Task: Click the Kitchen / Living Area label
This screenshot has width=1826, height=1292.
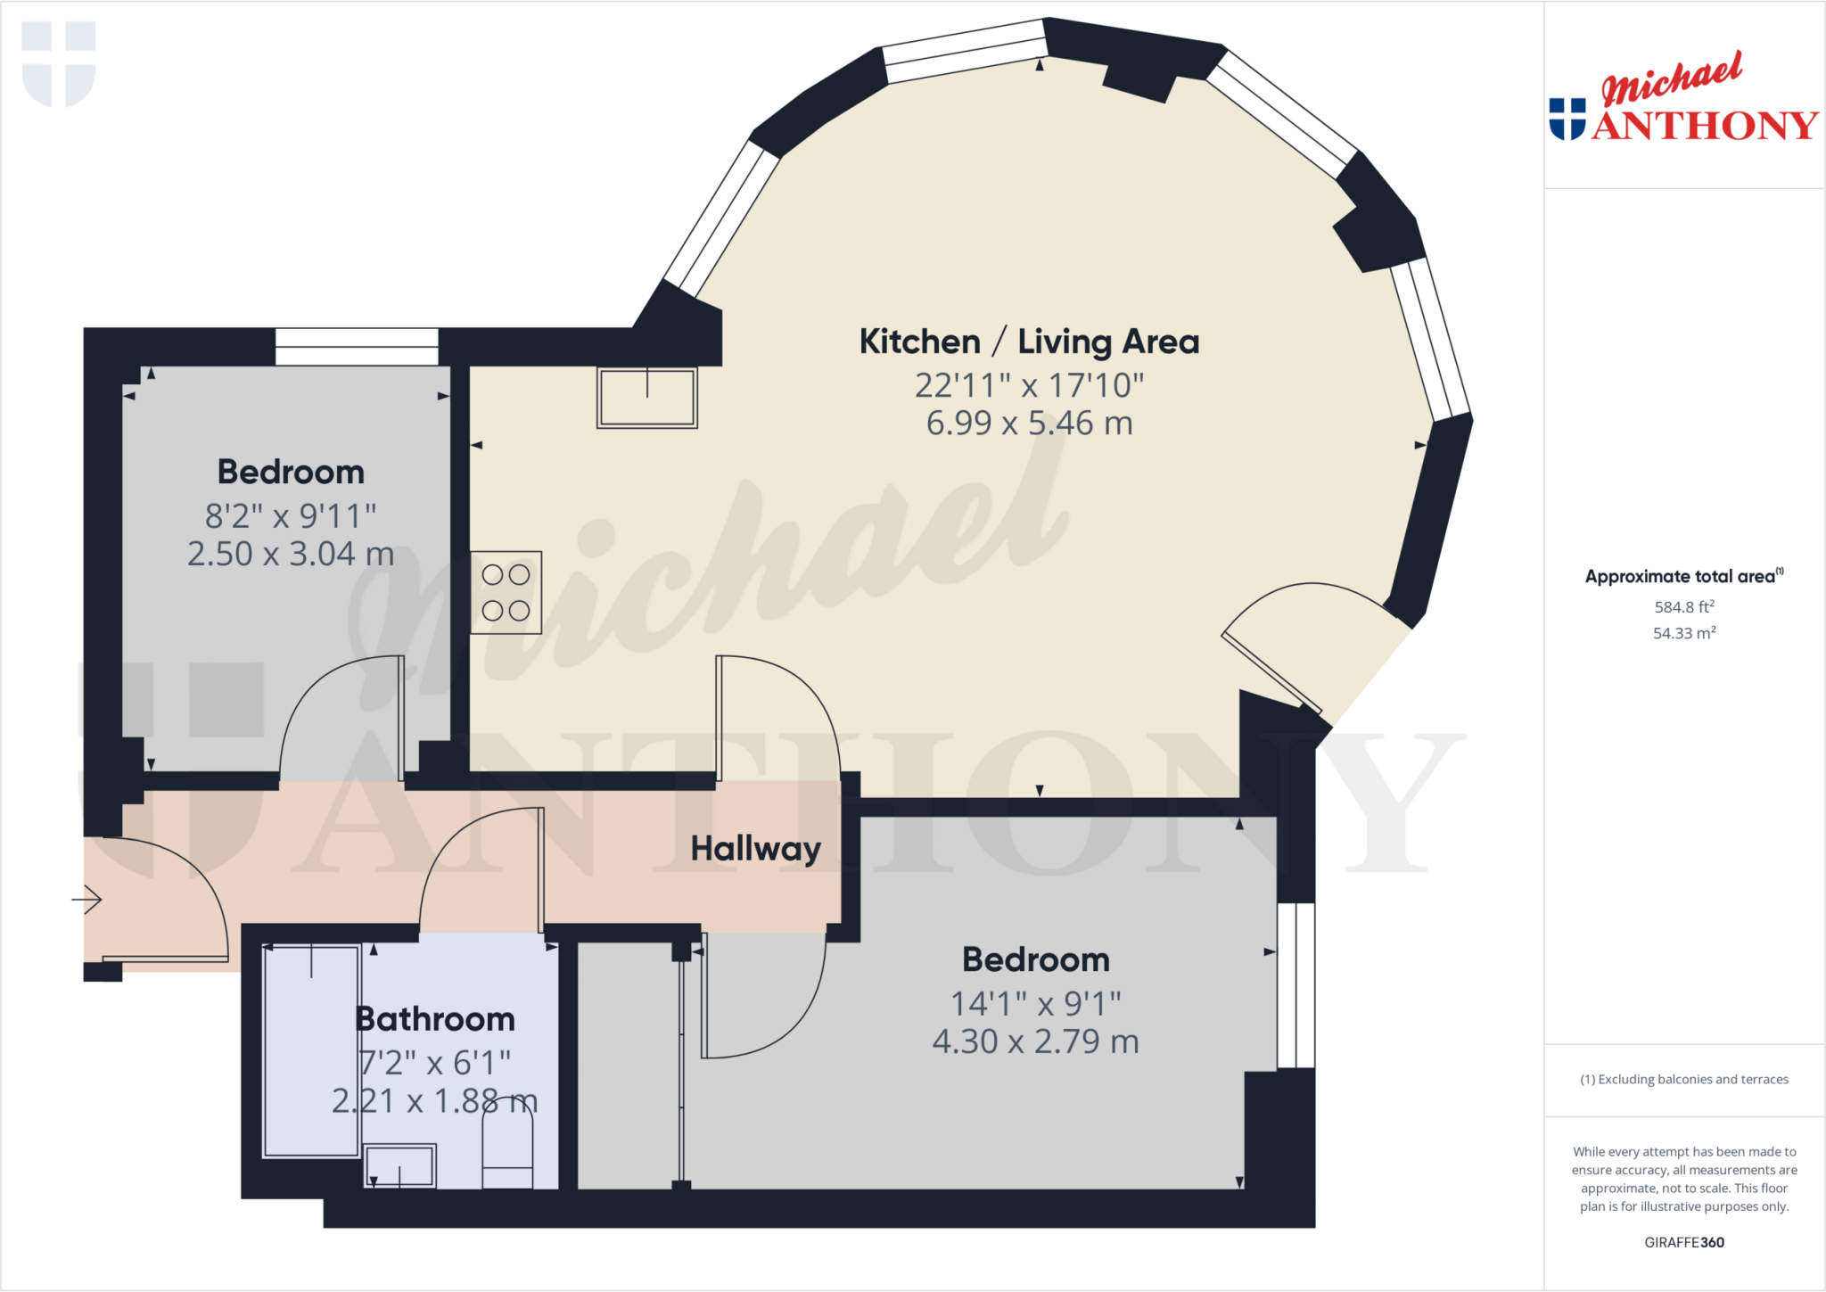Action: click(x=1029, y=342)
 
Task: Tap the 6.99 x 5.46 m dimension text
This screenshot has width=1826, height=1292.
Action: click(x=1029, y=424)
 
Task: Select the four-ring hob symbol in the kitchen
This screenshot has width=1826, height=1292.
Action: click(x=506, y=593)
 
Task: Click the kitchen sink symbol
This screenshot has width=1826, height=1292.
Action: click(x=647, y=398)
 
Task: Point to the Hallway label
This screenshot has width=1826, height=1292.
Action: click(x=755, y=849)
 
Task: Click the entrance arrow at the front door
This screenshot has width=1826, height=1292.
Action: click(x=87, y=900)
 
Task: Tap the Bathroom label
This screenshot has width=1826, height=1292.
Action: click(x=435, y=1019)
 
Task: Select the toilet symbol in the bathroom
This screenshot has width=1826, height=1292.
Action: click(x=507, y=1146)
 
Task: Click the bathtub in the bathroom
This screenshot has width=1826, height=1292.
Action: click(x=311, y=1051)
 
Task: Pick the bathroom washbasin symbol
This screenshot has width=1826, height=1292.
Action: click(x=399, y=1165)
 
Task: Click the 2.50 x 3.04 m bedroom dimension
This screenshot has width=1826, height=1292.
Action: click(x=291, y=555)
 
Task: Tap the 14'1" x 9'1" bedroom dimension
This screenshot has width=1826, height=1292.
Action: click(x=1035, y=1004)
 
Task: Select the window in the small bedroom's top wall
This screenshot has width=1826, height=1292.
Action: click(x=357, y=347)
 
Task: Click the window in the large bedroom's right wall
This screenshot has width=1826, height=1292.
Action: click(x=1295, y=985)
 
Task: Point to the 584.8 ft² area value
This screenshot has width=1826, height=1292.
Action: click(x=1683, y=607)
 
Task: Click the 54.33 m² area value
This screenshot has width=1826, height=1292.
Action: click(x=1683, y=633)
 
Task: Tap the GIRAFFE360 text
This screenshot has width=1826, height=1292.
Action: click(x=1683, y=1242)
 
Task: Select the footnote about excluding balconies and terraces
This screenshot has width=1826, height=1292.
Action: click(x=1683, y=1080)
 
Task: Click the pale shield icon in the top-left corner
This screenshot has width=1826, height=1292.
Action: click(x=59, y=63)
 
